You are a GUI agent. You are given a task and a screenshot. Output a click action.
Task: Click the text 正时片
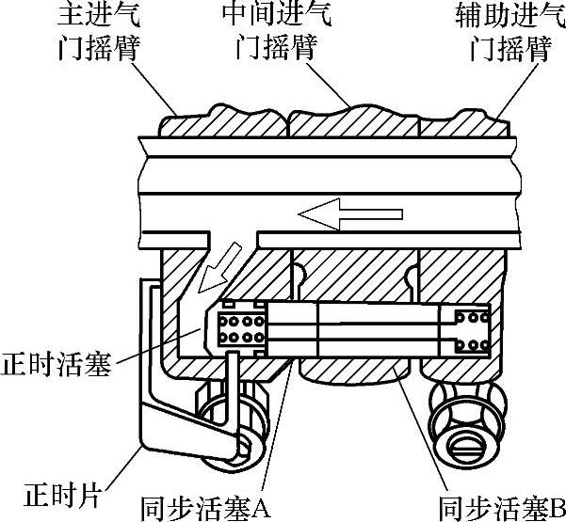coord(52,490)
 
